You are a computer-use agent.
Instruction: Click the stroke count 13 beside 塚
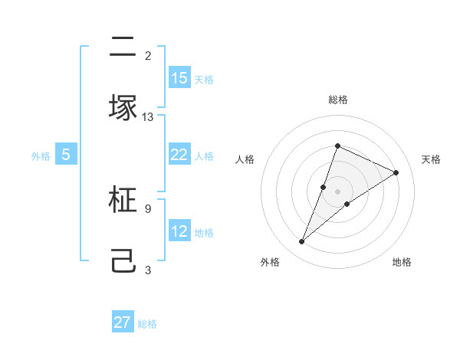point(148,117)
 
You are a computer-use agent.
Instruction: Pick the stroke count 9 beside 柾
point(147,208)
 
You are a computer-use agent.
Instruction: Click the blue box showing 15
point(179,78)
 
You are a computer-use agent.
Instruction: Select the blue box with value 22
point(179,155)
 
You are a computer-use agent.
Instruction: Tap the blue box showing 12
point(179,231)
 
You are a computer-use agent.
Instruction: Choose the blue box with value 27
point(123,322)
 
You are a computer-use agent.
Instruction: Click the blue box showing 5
point(66,155)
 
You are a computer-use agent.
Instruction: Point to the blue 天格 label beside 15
point(204,79)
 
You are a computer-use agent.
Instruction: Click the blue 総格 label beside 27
point(147,324)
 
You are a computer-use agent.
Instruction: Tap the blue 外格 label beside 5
point(41,155)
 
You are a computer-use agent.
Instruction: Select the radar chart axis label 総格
point(337,100)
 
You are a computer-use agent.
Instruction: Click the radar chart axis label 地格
point(402,262)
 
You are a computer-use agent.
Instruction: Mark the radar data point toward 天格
point(396,172)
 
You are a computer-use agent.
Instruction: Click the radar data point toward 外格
point(301,242)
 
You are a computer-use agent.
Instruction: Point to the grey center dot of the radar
point(337,191)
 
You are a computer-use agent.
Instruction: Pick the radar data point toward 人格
point(324,187)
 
